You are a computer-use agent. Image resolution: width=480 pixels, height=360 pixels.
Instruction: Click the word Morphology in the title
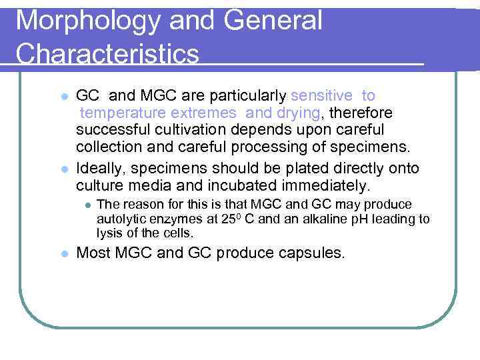(86, 21)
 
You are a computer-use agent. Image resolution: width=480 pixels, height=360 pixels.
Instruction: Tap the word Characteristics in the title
(107, 54)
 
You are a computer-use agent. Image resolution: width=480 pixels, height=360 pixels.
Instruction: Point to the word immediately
(331, 185)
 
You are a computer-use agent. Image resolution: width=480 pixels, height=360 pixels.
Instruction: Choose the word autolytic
(121, 219)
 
